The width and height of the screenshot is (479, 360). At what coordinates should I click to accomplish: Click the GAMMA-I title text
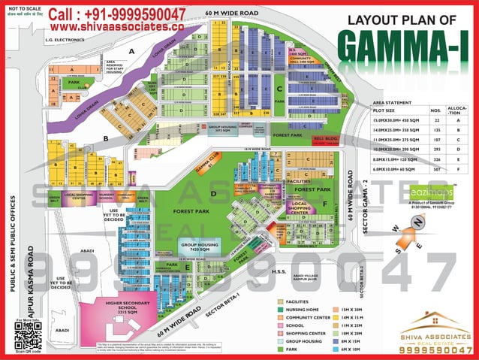coord(408,46)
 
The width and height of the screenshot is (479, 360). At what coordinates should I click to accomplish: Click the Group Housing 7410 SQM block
coord(199,249)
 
